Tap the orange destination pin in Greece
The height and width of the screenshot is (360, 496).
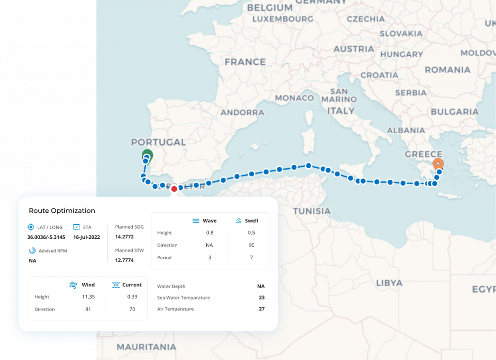(437, 164)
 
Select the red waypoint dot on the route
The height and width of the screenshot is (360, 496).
(174, 188)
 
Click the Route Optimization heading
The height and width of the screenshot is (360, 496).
(62, 211)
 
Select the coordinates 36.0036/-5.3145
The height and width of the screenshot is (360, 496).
(46, 237)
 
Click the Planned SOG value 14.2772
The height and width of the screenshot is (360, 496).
(124, 237)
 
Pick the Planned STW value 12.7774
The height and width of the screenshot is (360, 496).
(124, 260)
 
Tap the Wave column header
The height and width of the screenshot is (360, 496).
(209, 221)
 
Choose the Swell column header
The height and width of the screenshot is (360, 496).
(251, 221)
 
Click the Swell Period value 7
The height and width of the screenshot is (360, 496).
(251, 258)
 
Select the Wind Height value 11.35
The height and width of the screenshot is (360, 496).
(88, 297)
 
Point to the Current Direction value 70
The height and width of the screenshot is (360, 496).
(132, 309)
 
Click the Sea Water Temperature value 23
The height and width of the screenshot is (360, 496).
(262, 297)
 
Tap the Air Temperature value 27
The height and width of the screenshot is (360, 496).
(262, 309)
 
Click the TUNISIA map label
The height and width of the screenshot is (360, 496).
(311, 211)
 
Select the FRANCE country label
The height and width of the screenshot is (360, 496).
(245, 62)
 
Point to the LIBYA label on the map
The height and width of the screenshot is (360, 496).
(389, 283)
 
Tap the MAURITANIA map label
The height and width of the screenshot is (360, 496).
(146, 347)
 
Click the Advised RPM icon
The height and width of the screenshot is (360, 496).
(32, 250)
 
